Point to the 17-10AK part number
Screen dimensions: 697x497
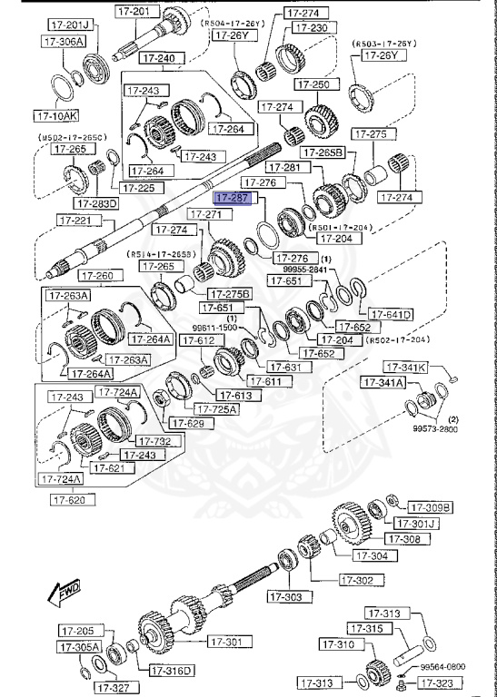pyautogui.click(x=55, y=116)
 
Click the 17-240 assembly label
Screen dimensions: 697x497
pyautogui.click(x=159, y=58)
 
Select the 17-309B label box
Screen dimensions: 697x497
pyautogui.click(x=430, y=507)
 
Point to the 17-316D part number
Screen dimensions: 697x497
pyautogui.click(x=171, y=671)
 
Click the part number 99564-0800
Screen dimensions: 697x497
pyautogui.click(x=444, y=664)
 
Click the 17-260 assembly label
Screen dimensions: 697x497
pyautogui.click(x=97, y=276)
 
